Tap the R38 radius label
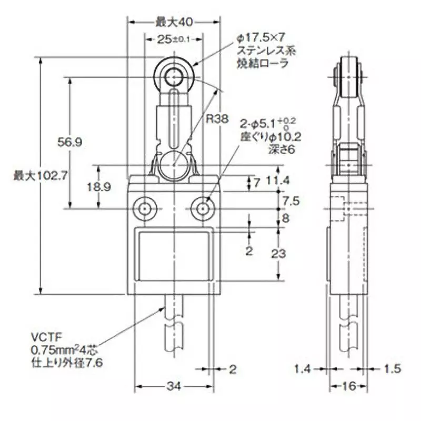coord(217,119)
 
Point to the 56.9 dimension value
coord(68,142)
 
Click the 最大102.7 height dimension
coord(39,175)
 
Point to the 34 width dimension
coord(175,387)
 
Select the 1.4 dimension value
coord(302,370)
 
